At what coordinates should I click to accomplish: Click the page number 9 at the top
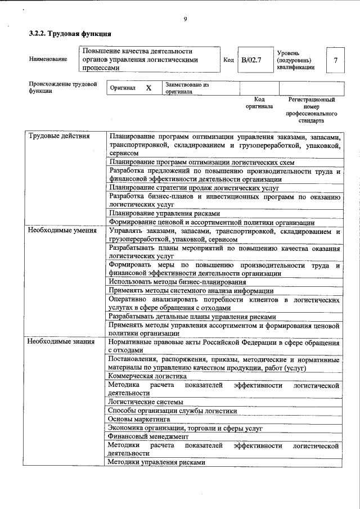184,20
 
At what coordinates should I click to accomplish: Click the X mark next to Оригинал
148,88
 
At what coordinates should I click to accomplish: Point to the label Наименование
48,59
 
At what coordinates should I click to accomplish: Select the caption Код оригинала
259,102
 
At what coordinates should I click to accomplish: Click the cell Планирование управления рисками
164,213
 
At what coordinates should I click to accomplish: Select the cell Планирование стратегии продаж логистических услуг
193,188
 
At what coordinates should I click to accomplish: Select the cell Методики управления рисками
156,462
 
